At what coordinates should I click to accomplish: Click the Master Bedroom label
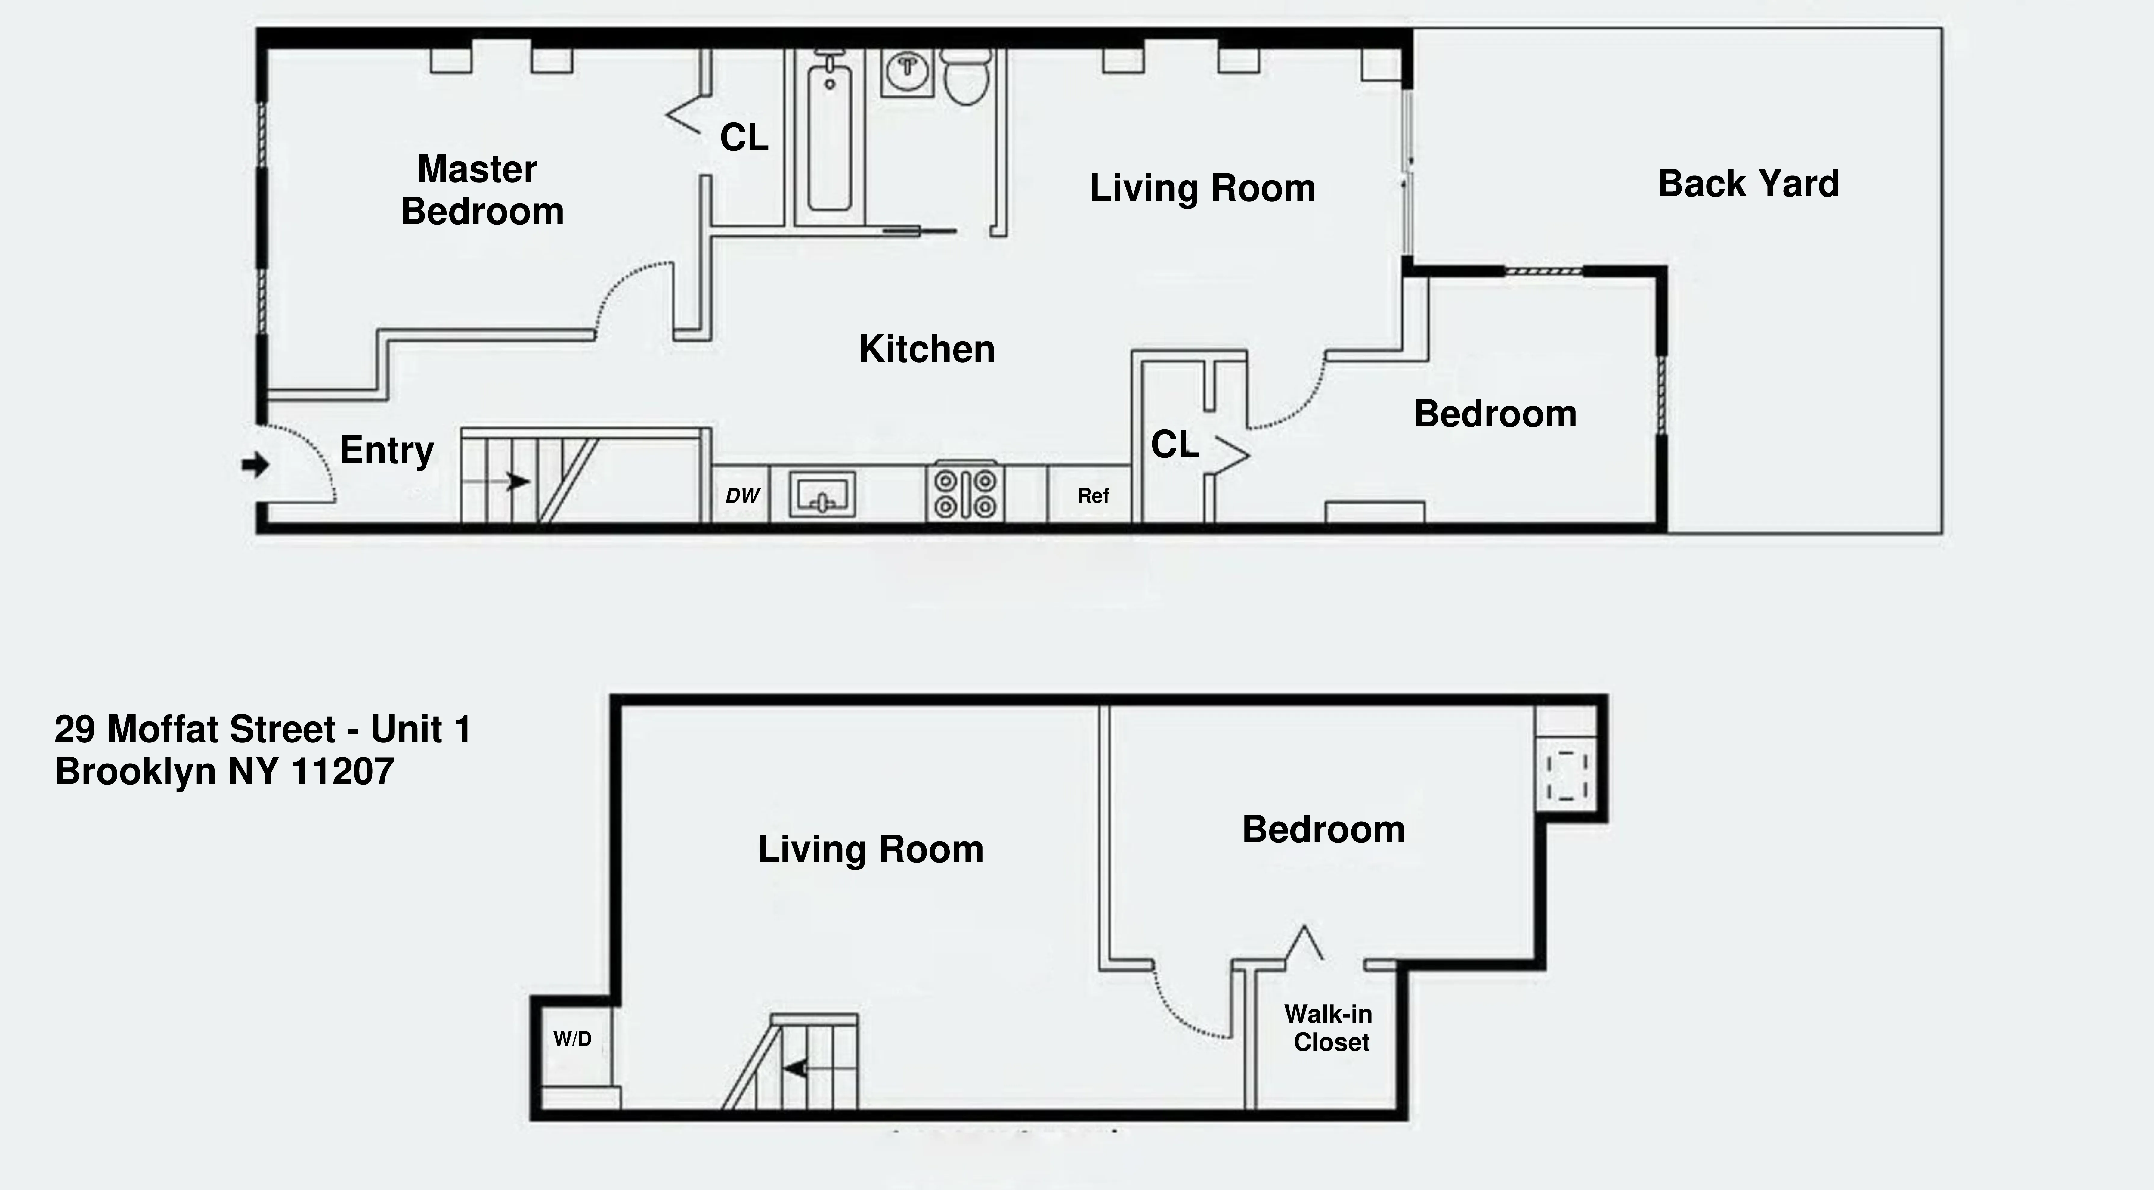tap(482, 190)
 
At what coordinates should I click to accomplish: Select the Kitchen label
tap(927, 349)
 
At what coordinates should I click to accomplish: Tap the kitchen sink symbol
tap(822, 494)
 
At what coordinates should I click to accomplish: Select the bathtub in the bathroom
tap(829, 138)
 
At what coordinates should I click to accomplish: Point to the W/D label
tap(573, 1039)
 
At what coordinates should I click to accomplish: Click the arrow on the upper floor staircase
tap(518, 482)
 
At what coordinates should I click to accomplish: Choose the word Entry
tap(386, 451)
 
